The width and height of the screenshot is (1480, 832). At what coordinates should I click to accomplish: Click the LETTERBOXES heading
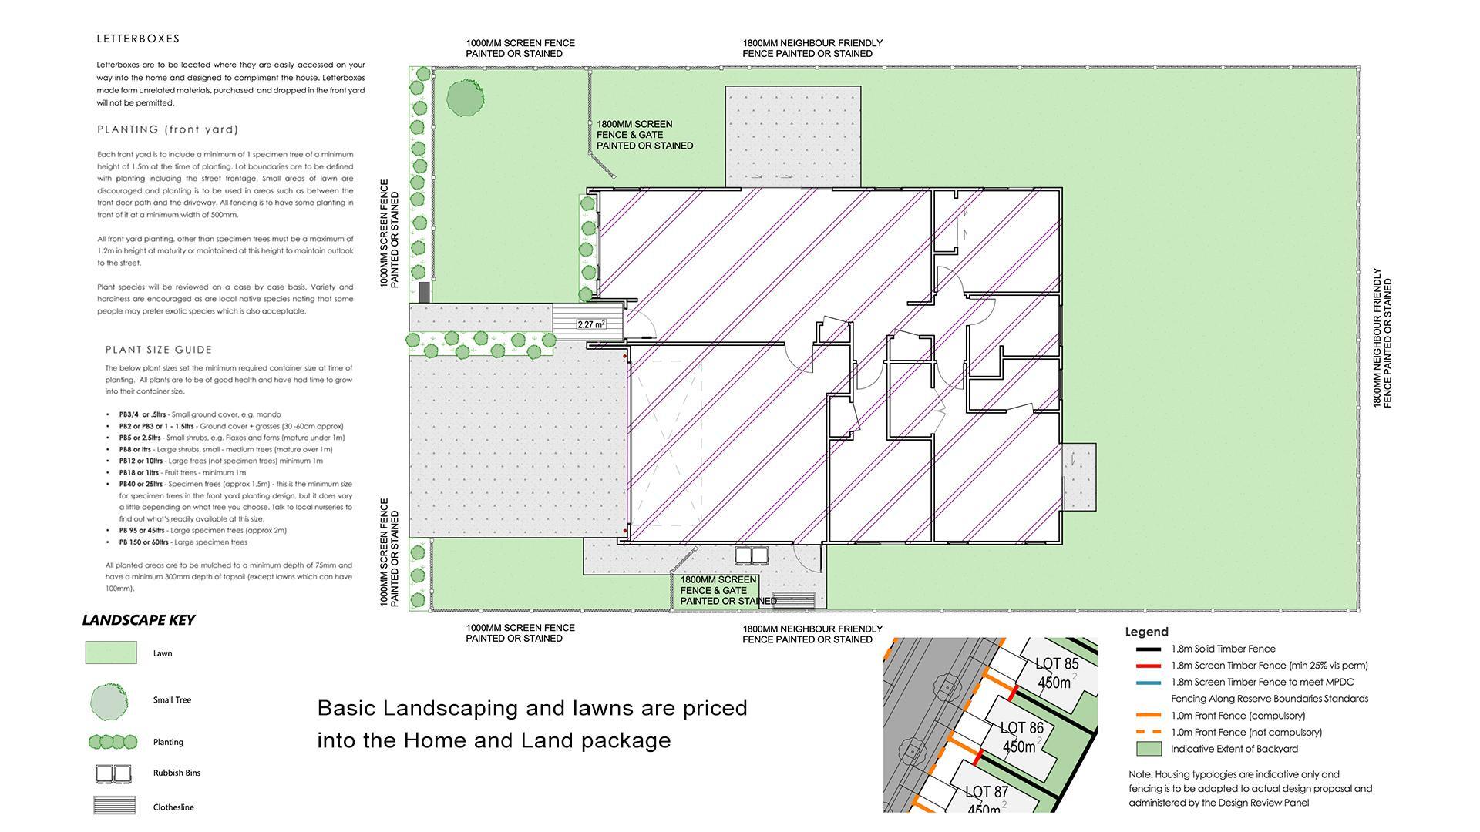pos(138,39)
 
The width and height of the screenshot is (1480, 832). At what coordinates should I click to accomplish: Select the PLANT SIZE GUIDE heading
pos(158,350)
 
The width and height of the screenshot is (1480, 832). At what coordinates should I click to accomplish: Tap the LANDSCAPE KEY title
pos(138,620)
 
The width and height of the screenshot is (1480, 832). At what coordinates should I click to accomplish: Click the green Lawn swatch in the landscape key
pos(110,653)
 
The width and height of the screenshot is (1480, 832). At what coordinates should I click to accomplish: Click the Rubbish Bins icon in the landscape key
pos(113,773)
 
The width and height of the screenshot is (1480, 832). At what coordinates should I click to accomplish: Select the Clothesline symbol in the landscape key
pos(113,806)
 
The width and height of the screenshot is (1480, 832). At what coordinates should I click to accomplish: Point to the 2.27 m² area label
pos(591,325)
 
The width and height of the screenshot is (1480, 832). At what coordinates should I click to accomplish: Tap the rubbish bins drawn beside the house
pos(752,555)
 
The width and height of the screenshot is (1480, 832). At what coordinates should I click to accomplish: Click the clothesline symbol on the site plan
pos(793,599)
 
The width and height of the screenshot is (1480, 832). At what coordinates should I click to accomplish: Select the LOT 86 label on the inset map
pos(1021,728)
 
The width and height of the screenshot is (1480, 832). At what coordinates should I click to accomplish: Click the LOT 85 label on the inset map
pos(1056,664)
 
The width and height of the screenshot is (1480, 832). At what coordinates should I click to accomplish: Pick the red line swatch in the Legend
pos(1148,666)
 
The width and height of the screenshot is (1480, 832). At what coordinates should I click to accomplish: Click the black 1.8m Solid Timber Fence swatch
pos(1148,649)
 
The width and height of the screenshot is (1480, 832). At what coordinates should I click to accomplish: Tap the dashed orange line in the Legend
pos(1148,732)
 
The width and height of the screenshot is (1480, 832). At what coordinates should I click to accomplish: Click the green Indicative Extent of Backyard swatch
pos(1148,749)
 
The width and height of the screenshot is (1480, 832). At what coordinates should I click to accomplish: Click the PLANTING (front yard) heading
pos(167,129)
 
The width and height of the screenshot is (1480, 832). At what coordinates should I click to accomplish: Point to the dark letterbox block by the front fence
pos(423,292)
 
